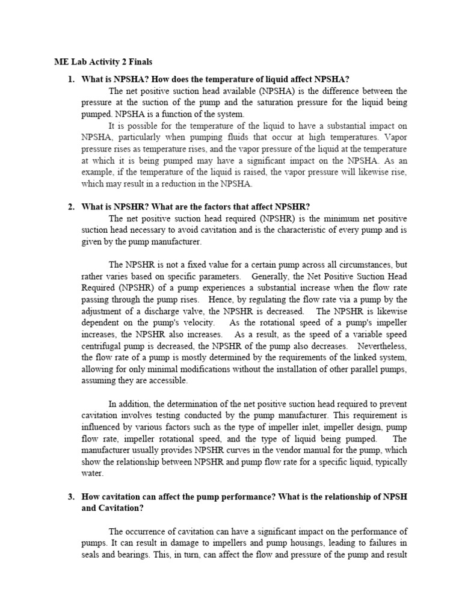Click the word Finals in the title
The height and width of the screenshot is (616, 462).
(138, 61)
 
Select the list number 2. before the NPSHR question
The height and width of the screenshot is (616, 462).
(70, 207)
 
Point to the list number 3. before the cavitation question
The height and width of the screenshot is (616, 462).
(70, 496)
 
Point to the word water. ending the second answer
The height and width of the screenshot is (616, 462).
(93, 473)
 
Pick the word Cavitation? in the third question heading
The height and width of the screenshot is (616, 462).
(121, 508)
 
